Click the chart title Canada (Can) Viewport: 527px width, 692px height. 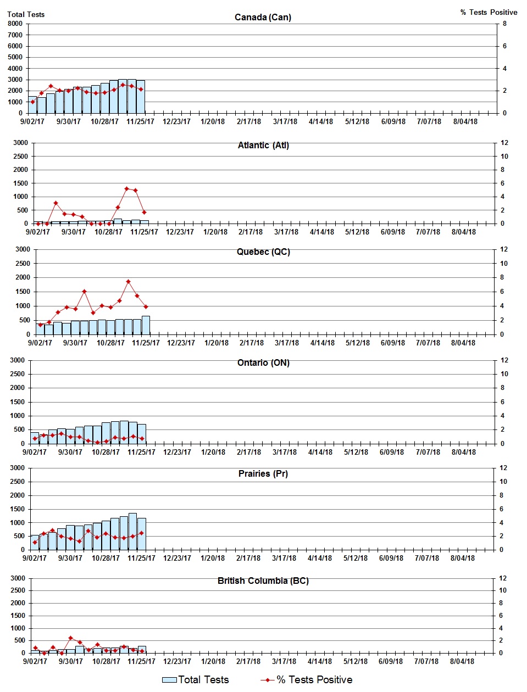point(263,18)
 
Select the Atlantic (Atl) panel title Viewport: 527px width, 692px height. point(263,146)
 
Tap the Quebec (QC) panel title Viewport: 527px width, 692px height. point(263,252)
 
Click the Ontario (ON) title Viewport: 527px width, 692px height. point(263,363)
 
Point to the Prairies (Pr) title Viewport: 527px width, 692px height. point(263,474)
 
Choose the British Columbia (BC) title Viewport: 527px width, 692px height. point(263,581)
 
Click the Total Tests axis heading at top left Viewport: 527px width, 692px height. point(26,14)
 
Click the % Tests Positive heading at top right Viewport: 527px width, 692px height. point(489,12)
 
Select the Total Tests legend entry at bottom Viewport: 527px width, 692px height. point(196,680)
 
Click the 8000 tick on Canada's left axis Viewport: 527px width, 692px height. point(15,24)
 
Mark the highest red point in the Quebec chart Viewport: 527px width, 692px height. point(128,282)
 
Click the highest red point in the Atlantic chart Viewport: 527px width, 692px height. point(126,188)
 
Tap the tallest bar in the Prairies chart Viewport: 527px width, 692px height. point(132,531)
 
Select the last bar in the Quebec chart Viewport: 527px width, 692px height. point(146,325)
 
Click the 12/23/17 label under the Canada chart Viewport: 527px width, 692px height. point(176,121)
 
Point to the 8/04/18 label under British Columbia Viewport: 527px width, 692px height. point(462,661)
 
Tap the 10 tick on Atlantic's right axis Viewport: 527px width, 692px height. point(503,157)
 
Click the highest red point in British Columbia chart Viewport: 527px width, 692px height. point(70,638)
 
